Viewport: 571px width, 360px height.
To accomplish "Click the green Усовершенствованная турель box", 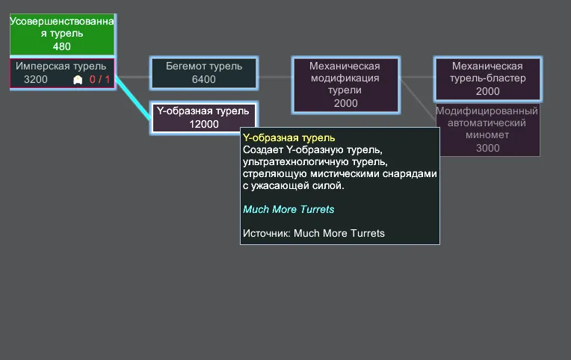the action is [x=62, y=34].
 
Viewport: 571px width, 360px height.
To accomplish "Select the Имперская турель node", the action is [x=62, y=72].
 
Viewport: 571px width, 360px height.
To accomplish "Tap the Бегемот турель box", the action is [x=204, y=72].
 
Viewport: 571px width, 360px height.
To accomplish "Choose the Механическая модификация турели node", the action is [x=345, y=85].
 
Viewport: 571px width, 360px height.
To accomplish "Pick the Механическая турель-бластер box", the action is [x=487, y=78].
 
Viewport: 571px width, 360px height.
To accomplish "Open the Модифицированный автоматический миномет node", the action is [x=487, y=130].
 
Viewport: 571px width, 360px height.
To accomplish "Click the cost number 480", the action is [x=61, y=46].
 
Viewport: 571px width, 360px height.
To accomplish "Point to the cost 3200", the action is [x=36, y=79].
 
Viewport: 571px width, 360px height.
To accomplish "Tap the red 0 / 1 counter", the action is [x=99, y=79].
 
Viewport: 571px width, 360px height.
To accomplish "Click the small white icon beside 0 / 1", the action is [x=78, y=80].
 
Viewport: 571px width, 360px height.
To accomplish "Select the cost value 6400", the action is [x=204, y=79].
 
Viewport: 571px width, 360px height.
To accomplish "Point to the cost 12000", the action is [x=204, y=124].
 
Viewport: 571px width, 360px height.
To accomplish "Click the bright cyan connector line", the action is [x=133, y=98].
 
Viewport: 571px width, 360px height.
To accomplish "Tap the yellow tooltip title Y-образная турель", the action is [x=288, y=138].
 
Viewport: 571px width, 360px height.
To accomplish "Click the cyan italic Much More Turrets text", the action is [x=288, y=209].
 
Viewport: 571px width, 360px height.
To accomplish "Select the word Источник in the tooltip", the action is [x=267, y=233].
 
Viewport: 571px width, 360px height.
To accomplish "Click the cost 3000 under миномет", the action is [x=487, y=148].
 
